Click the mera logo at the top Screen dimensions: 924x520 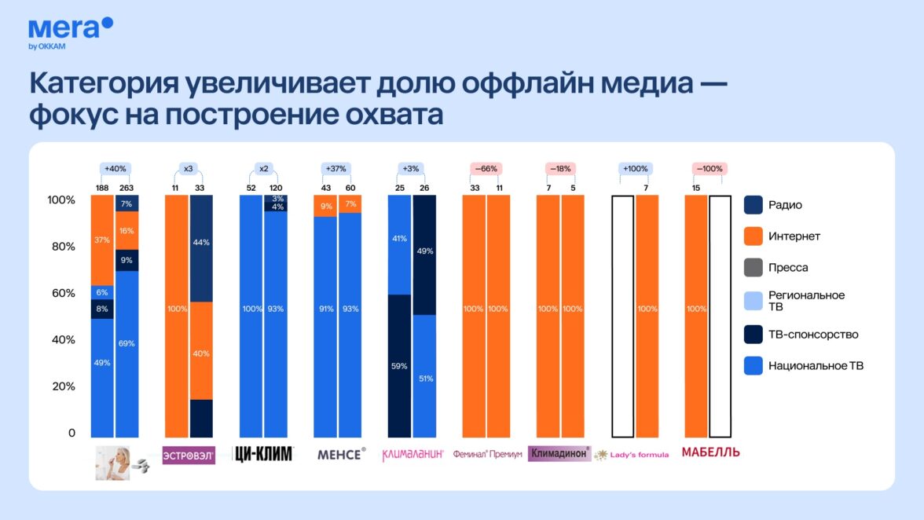tap(70, 33)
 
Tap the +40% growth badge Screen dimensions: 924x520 tap(115, 168)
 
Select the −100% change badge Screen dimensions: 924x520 tap(709, 168)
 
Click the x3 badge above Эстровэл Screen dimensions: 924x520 tap(188, 168)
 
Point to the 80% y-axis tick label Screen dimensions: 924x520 tap(63, 246)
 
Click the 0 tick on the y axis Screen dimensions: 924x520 tap(71, 433)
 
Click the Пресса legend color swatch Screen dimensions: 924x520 tap(753, 267)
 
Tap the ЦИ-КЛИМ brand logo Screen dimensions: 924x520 tap(263, 454)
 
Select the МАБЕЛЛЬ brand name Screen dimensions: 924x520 tap(710, 452)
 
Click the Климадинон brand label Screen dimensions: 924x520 tap(559, 453)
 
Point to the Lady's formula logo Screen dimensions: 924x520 tap(631, 455)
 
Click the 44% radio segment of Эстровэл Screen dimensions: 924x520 tap(201, 248)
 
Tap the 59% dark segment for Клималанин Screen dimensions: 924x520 tap(399, 366)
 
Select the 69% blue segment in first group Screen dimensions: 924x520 tap(126, 354)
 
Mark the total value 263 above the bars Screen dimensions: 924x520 tap(126, 188)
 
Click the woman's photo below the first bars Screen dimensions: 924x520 tap(113, 463)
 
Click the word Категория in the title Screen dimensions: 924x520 tap(104, 83)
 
